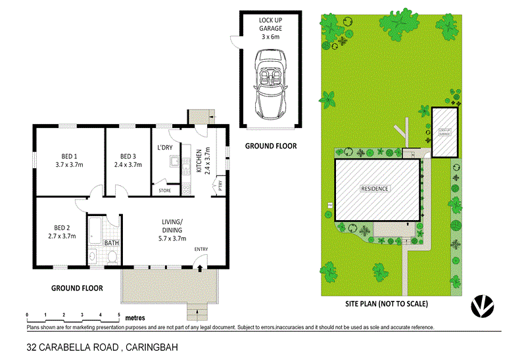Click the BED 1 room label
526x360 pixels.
(x=69, y=160)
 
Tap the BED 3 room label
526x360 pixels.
(x=128, y=160)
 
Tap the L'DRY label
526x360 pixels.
(x=164, y=146)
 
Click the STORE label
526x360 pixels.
(x=165, y=191)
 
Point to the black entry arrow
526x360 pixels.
(x=199, y=267)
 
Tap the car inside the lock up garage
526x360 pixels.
(x=270, y=84)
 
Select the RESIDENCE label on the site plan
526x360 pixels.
(x=375, y=189)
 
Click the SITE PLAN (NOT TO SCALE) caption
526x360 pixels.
(x=387, y=304)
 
